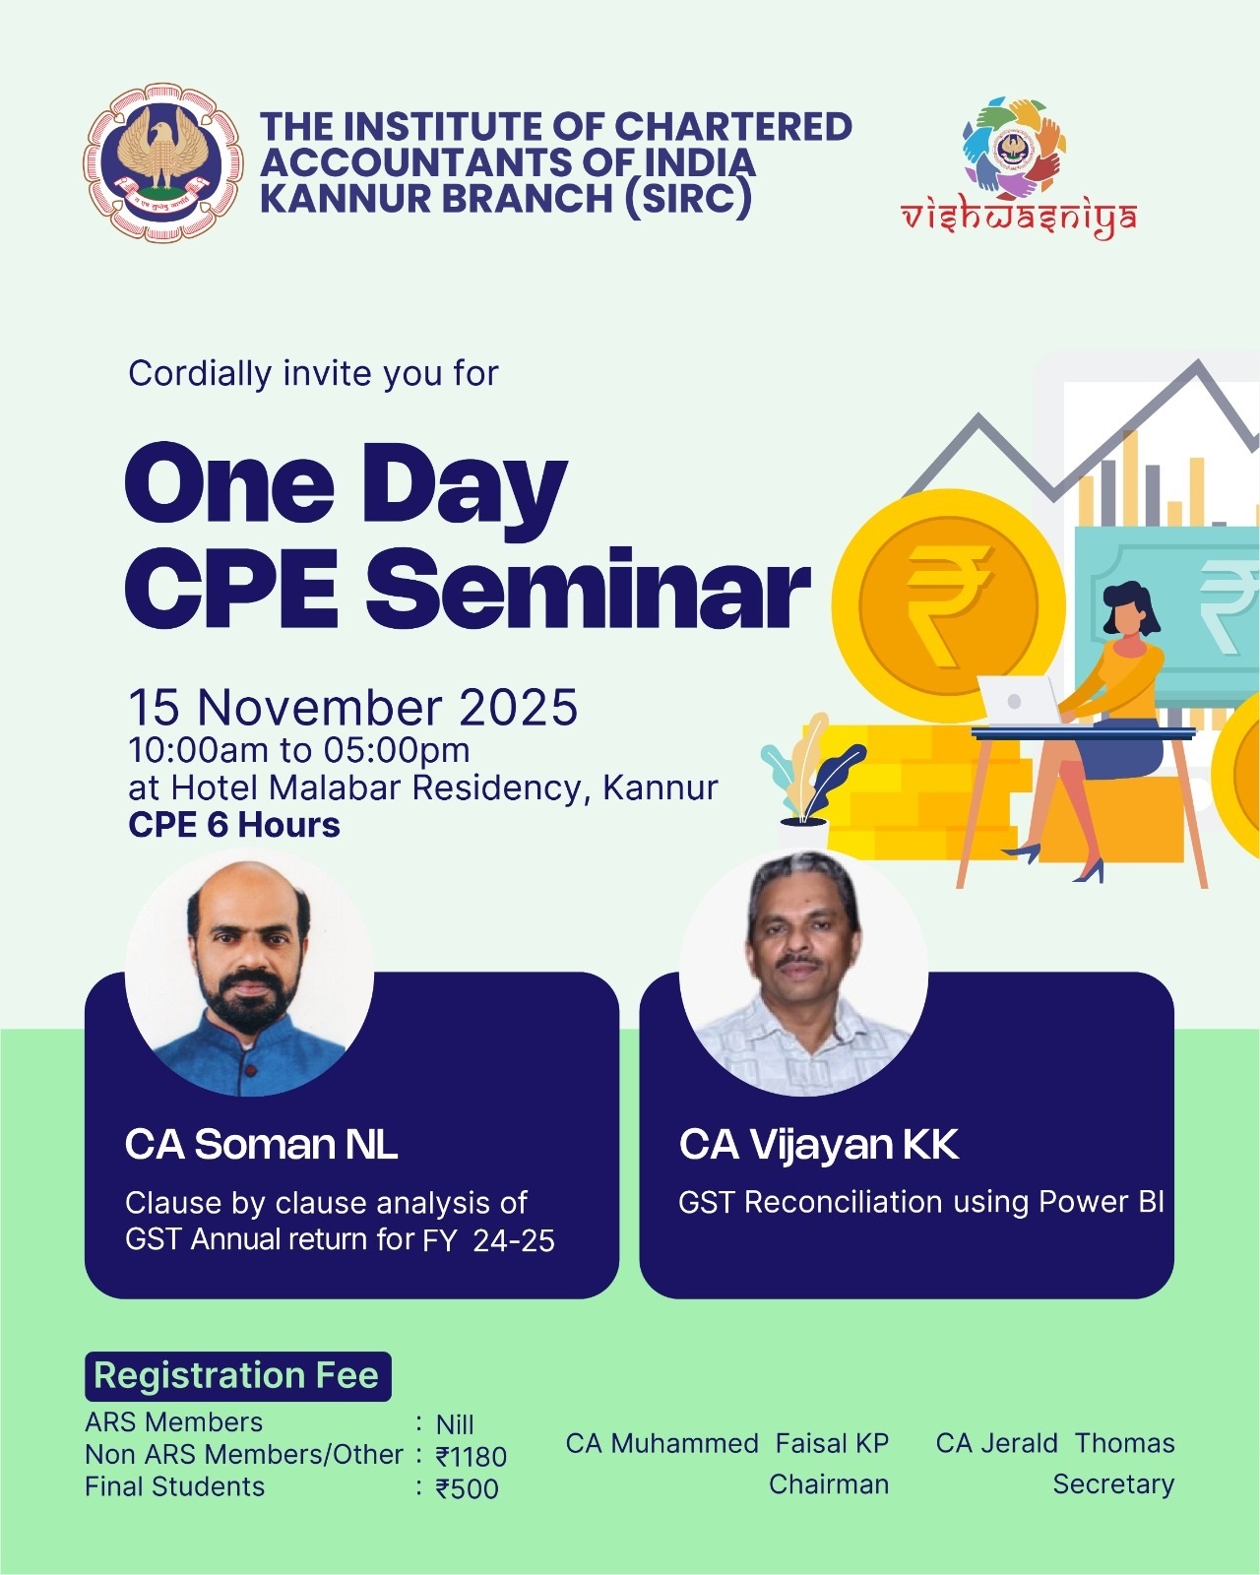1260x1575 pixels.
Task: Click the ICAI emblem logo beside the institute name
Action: coord(161,162)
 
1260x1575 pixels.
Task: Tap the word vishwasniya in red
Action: coord(1018,218)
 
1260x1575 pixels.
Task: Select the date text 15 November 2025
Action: coord(352,707)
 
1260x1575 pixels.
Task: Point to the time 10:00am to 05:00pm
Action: coord(298,750)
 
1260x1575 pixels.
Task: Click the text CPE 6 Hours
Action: coord(234,825)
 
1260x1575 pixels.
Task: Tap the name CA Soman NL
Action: coord(261,1144)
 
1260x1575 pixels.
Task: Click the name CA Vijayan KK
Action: coord(819,1144)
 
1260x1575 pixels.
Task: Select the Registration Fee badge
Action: coord(238,1376)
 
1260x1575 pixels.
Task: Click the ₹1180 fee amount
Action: coord(471,1457)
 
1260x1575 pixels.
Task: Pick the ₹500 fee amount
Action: coord(467,1488)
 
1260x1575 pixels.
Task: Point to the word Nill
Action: coord(455,1425)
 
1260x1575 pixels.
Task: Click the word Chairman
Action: coord(829,1484)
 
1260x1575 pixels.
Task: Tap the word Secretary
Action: coord(1113,1485)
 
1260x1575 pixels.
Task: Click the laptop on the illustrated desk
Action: coord(1019,701)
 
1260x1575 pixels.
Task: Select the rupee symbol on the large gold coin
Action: coord(949,606)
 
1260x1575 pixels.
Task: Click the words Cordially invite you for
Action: coord(313,374)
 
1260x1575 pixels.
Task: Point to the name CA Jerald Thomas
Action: coord(1055,1443)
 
